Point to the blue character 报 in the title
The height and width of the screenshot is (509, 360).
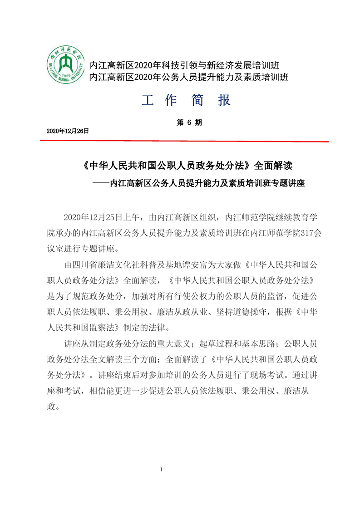pyautogui.click(x=224, y=100)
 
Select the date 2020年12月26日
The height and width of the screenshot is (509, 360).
pyautogui.click(x=68, y=131)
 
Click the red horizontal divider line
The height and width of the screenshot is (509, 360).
pyautogui.click(x=184, y=141)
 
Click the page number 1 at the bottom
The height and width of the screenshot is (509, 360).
pyautogui.click(x=161, y=469)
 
